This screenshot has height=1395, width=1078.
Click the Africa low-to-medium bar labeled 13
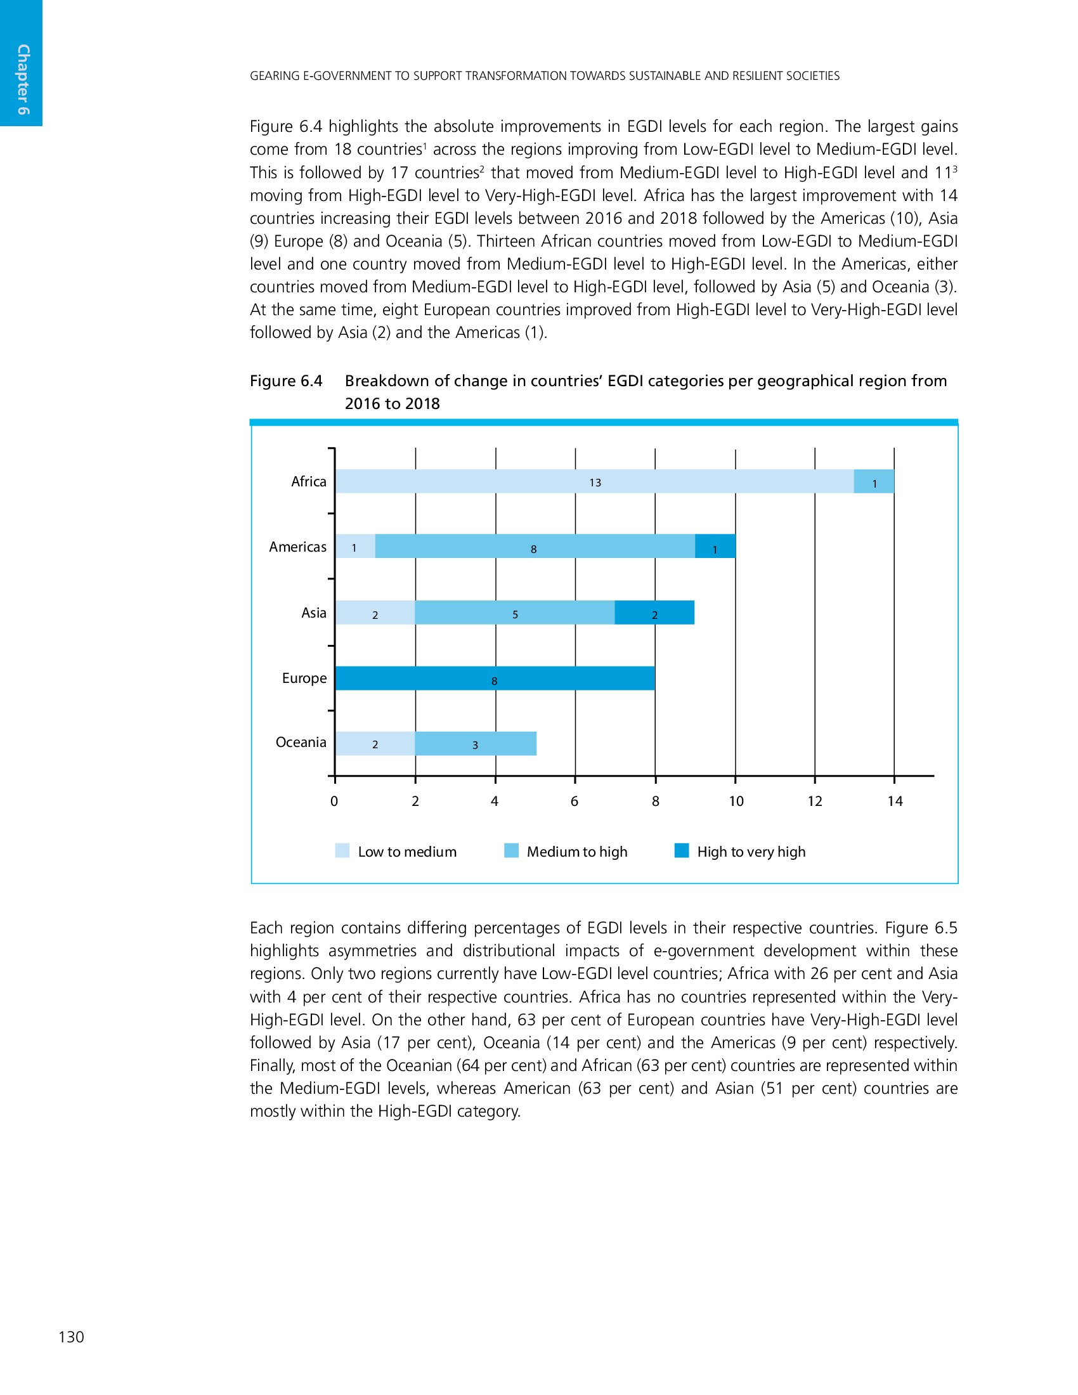[594, 482]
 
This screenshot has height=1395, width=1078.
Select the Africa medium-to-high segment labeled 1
[874, 482]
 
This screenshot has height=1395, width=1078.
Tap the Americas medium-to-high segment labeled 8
[535, 547]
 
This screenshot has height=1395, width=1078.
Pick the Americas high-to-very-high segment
[715, 547]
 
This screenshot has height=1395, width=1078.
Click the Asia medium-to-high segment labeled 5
[515, 613]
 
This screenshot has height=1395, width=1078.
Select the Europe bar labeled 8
[495, 678]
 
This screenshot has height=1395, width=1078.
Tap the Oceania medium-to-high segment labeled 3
[475, 744]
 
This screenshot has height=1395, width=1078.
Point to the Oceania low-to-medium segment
[375, 744]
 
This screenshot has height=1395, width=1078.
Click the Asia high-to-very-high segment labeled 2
[654, 613]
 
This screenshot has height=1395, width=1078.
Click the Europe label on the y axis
[304, 678]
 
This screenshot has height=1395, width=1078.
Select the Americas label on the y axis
[297, 547]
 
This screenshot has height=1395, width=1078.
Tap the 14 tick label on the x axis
[895, 801]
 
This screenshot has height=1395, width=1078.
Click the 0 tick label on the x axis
[334, 801]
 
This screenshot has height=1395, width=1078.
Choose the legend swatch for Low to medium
[342, 851]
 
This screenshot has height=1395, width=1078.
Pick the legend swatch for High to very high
[682, 851]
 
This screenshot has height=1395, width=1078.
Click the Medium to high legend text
[576, 852]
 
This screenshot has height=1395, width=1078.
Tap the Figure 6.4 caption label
[286, 381]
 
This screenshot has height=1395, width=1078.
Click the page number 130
[71, 1337]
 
